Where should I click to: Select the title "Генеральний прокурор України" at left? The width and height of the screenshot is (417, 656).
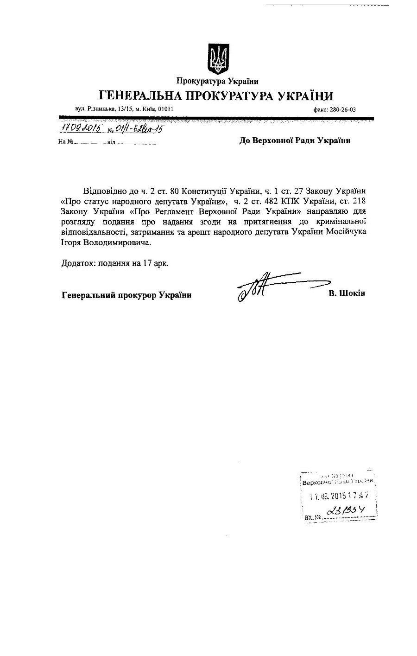pos(126,294)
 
